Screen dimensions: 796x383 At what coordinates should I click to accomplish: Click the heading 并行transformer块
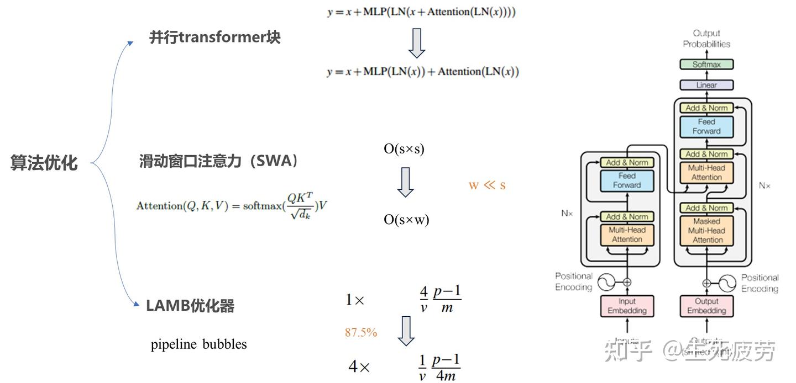pyautogui.click(x=215, y=38)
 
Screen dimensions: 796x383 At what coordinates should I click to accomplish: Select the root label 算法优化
pyautogui.click(x=44, y=163)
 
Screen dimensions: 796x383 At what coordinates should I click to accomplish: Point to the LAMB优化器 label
pyautogui.click(x=190, y=306)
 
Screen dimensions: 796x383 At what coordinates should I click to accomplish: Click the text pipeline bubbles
pyautogui.click(x=199, y=344)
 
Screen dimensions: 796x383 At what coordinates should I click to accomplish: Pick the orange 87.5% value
pyautogui.click(x=361, y=332)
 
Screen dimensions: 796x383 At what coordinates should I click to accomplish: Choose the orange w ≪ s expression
pyautogui.click(x=487, y=185)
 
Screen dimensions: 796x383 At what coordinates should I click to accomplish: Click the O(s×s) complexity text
pyautogui.click(x=404, y=148)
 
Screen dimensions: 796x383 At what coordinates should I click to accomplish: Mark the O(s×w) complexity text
pyautogui.click(x=406, y=220)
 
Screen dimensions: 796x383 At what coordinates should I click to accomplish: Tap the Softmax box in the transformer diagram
pyautogui.click(x=706, y=65)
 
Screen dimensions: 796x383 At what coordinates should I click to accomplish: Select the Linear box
pyautogui.click(x=706, y=85)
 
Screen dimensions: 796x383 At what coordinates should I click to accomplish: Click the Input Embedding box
pyautogui.click(x=627, y=306)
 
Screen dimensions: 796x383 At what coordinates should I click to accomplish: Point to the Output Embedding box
pyautogui.click(x=706, y=306)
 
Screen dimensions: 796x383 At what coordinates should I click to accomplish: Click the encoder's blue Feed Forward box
pyautogui.click(x=627, y=180)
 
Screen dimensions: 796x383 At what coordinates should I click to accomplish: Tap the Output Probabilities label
pyautogui.click(x=706, y=39)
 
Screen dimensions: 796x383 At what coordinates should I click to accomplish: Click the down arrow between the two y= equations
pyautogui.click(x=416, y=42)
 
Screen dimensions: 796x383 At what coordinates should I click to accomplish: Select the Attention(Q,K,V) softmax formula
pyautogui.click(x=232, y=206)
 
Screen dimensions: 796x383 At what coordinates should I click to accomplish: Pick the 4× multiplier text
pyautogui.click(x=359, y=367)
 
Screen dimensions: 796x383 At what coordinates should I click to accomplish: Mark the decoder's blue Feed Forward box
pyautogui.click(x=706, y=126)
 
